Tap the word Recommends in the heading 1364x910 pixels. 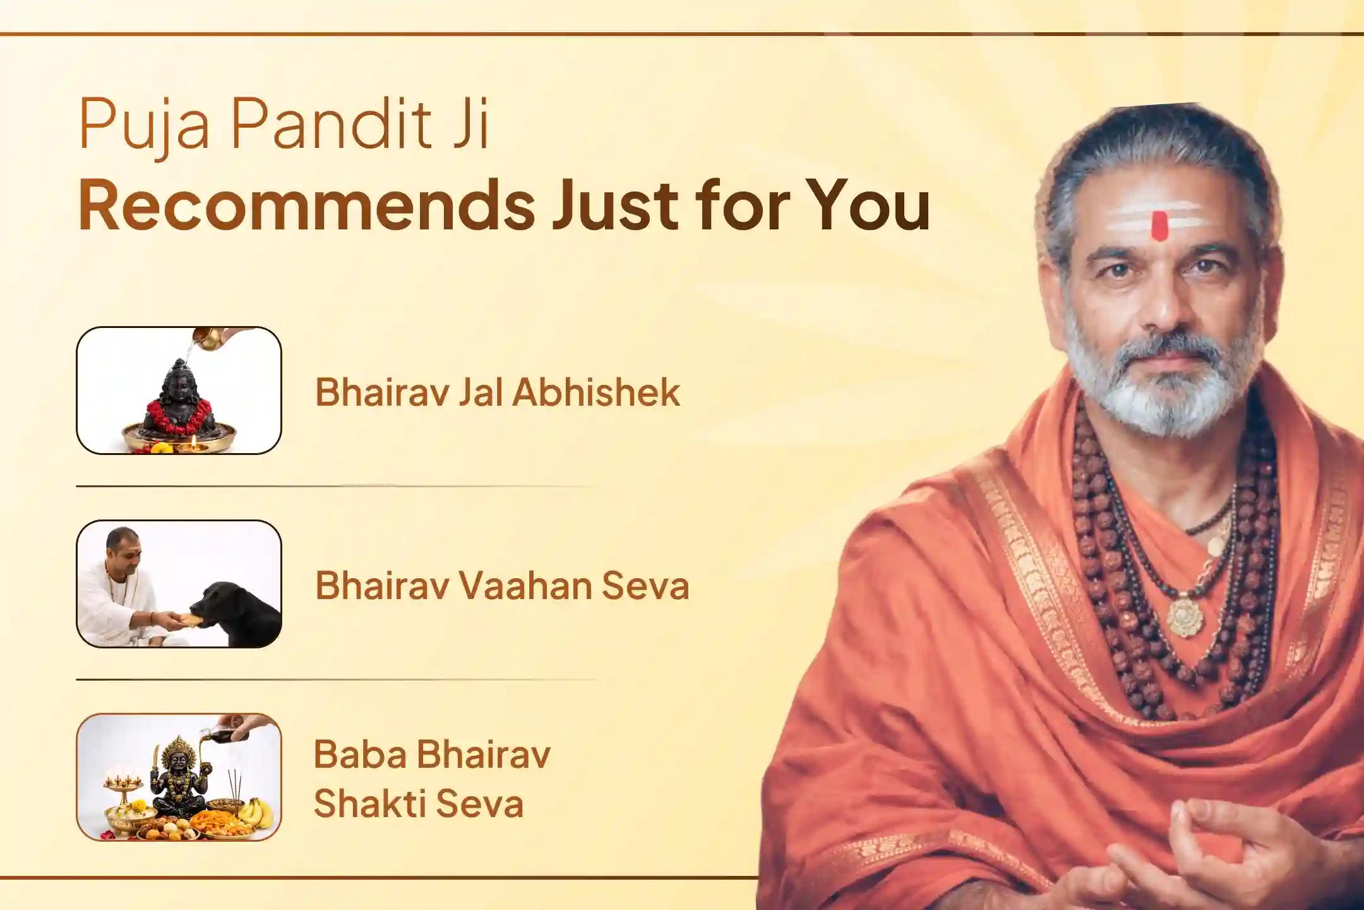(x=307, y=205)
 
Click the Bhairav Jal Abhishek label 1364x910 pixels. (x=498, y=391)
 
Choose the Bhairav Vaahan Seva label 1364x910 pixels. (x=502, y=585)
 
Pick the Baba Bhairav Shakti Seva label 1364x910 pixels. (x=432, y=779)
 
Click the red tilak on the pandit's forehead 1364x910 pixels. (x=1159, y=226)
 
